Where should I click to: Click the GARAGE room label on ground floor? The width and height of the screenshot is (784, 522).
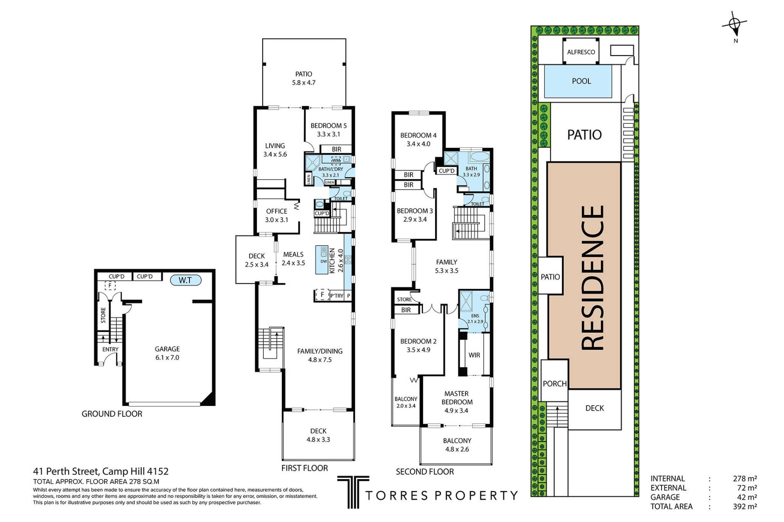(x=167, y=349)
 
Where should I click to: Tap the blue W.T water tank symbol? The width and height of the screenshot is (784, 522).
(x=185, y=280)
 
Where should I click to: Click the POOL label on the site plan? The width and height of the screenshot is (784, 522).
(x=581, y=81)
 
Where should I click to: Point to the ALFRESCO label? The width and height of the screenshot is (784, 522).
(x=581, y=52)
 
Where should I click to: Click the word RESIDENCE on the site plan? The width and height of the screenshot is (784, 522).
(x=592, y=277)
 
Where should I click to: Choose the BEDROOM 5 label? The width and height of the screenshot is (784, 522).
(x=328, y=125)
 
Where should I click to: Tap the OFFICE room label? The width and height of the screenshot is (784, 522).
(x=276, y=211)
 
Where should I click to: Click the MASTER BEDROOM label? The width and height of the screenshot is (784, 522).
(x=457, y=398)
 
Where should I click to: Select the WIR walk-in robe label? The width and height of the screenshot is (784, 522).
(x=474, y=355)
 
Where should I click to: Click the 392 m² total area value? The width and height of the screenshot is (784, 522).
(x=745, y=506)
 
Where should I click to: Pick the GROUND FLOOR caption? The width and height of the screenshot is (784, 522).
(x=112, y=414)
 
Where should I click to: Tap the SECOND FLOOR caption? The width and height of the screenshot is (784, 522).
(x=425, y=472)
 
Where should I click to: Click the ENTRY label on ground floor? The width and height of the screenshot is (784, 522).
(x=110, y=349)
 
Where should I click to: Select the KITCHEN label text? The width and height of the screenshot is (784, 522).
(x=332, y=261)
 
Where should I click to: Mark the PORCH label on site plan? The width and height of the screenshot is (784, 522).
(x=555, y=384)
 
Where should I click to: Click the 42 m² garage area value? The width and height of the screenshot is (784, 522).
(x=747, y=497)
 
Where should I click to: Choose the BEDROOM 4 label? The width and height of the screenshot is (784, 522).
(x=418, y=135)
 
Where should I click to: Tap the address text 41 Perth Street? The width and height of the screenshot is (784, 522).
(x=65, y=471)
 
